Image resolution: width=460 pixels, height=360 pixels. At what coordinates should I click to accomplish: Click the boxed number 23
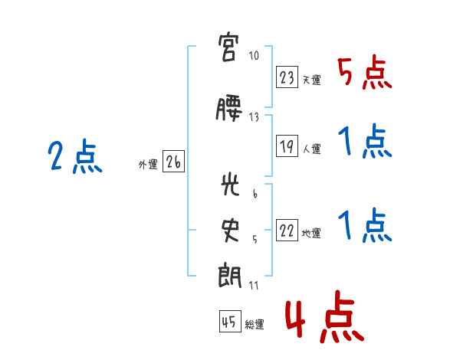click(x=287, y=77)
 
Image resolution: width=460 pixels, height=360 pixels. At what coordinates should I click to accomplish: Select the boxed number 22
click(x=287, y=232)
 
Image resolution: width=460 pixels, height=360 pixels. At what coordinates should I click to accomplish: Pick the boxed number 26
click(x=173, y=162)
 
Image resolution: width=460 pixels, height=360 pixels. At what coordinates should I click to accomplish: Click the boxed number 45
click(x=229, y=322)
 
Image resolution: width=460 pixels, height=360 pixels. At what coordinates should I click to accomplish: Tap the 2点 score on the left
click(x=74, y=159)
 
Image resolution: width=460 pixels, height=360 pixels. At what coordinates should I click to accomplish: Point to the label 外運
click(x=148, y=164)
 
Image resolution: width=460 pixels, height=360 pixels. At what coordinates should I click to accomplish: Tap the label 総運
click(x=255, y=325)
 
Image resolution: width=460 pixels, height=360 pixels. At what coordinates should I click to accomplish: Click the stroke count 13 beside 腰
click(x=255, y=117)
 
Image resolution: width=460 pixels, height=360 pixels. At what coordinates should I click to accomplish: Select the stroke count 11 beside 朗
click(x=255, y=285)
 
